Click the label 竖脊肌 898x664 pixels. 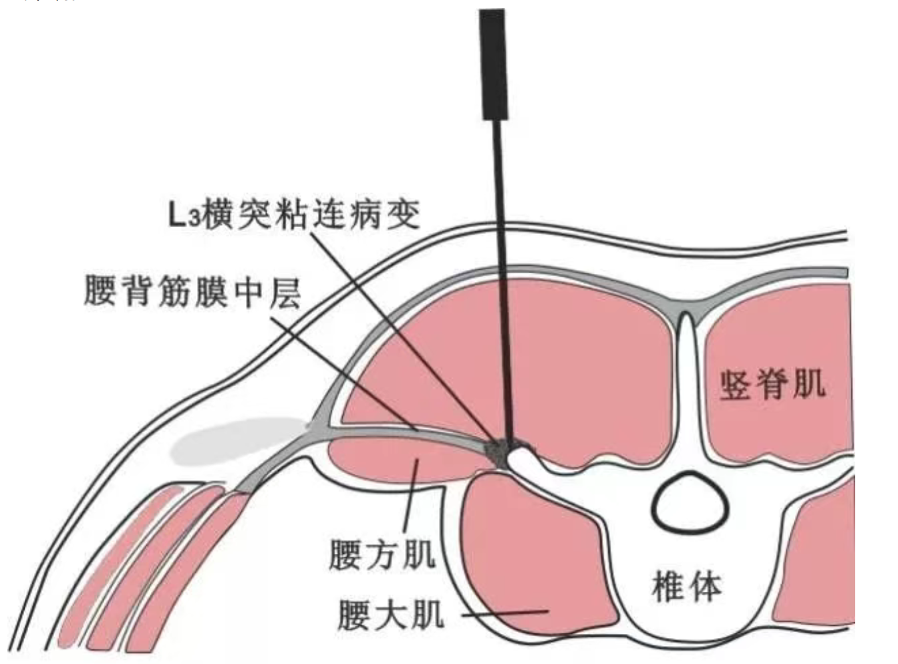tap(772, 385)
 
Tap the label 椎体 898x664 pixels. tap(686, 587)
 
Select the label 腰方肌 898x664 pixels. tap(382, 554)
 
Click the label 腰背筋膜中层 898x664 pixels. tap(192, 293)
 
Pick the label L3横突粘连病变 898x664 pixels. tap(294, 215)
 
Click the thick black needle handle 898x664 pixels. tap(492, 64)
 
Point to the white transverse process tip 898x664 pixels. tap(521, 457)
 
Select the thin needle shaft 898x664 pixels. tap(501, 267)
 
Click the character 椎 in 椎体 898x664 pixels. tap(668, 587)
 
